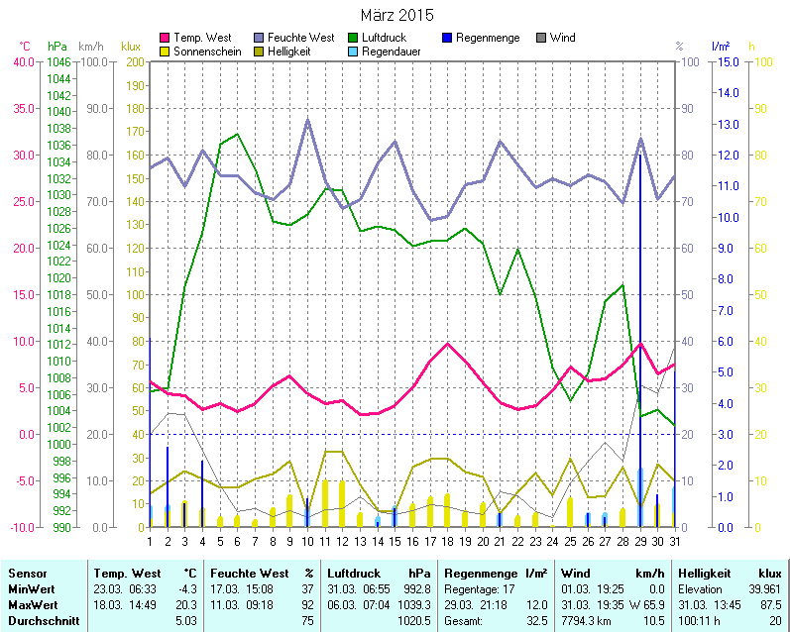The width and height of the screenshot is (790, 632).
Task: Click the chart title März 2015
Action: [x=396, y=15]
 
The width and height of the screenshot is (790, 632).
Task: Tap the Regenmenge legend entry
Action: [x=487, y=38]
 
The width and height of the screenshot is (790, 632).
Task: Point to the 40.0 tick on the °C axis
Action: [x=22, y=61]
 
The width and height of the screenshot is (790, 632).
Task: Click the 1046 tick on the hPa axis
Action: [x=58, y=61]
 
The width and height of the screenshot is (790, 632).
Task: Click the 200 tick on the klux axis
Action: [x=133, y=61]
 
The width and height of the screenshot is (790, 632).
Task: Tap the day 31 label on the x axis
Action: [x=675, y=541]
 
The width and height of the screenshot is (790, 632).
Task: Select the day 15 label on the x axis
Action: [x=395, y=541]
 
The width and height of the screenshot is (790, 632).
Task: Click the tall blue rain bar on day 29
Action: [x=640, y=297]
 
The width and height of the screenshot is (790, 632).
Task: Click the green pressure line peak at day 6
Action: [x=237, y=134]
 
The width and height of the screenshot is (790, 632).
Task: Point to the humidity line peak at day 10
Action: [x=307, y=120]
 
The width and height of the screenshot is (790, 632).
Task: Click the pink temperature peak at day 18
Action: [x=448, y=344]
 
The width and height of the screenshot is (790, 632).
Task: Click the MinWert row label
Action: [x=31, y=588]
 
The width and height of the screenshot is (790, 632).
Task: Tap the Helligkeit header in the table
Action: [x=703, y=573]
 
